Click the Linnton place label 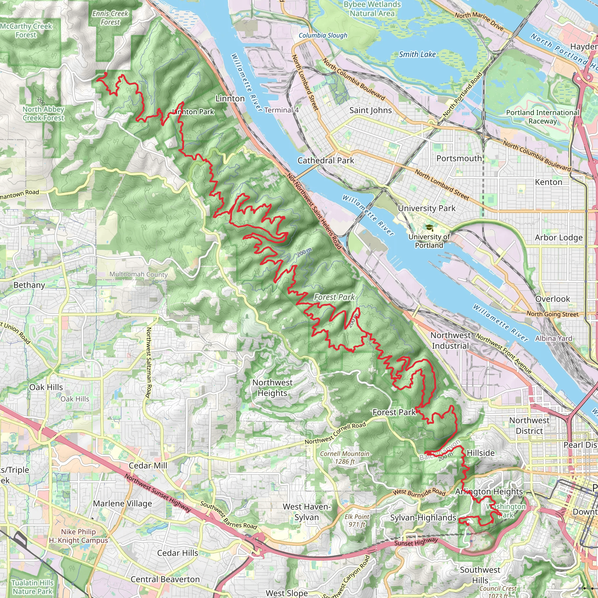pos(230,98)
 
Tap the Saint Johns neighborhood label pos(371,110)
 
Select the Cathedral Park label pos(326,160)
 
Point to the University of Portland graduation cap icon pos(429,228)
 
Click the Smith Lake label pos(417,55)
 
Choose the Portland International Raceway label pos(542,117)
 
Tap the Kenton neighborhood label pos(548,182)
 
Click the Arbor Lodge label pos(559,237)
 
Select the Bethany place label pos(29,285)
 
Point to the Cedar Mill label pos(148,465)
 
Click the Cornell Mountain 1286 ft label pos(345,458)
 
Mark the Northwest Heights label pos(272,387)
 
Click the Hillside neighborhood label pos(480,453)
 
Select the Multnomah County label pos(138,274)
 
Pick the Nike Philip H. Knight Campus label pos(78,536)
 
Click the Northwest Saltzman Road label pos(148,362)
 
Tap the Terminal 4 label pos(281,110)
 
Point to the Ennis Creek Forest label pos(110,18)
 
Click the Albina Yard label pos(553,338)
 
